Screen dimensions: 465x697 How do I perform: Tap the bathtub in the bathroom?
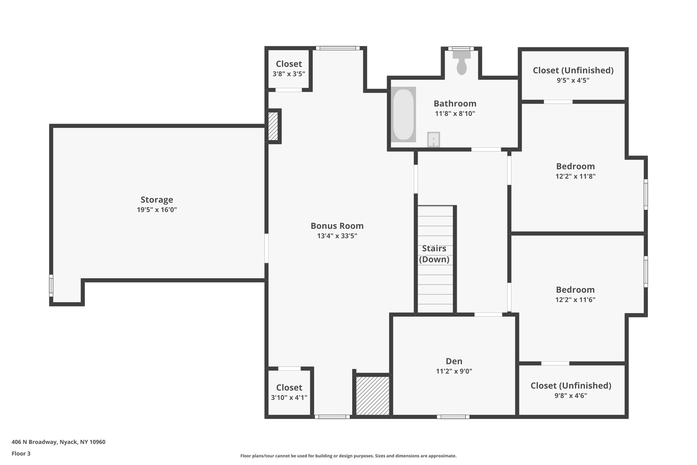[403, 114]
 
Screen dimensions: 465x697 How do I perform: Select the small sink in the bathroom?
[433, 140]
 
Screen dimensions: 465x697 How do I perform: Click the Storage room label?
[157, 200]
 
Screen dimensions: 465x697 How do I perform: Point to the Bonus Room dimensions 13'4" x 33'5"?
[337, 236]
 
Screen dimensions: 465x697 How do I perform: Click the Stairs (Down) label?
[434, 254]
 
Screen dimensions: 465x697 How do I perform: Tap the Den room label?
[454, 361]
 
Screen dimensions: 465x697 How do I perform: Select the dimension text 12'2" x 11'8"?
[575, 176]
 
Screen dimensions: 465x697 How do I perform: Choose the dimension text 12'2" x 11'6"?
[575, 300]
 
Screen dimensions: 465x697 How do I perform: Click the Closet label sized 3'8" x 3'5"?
[289, 64]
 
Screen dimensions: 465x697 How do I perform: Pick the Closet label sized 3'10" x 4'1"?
[289, 388]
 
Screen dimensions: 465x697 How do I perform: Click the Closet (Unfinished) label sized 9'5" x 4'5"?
[573, 71]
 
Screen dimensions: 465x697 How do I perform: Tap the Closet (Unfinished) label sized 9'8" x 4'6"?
[571, 386]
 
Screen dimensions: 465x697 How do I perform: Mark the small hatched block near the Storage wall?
[273, 126]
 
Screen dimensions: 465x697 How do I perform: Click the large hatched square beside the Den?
[372, 396]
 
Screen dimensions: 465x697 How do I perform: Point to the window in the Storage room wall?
[51, 285]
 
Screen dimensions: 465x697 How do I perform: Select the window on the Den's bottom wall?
[453, 417]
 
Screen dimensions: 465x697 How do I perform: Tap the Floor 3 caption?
[21, 453]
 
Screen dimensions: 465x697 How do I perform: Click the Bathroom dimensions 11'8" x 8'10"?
[455, 114]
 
